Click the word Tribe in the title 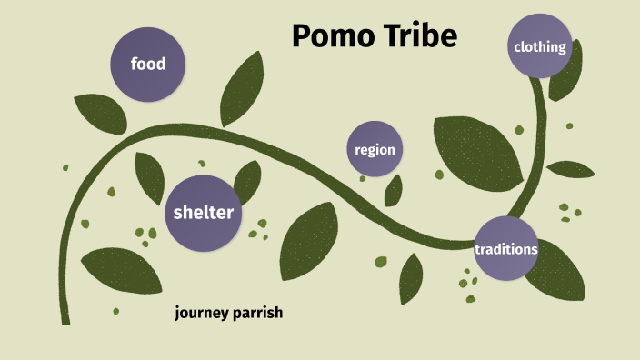[x=418, y=37]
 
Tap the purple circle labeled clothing [x=540, y=47]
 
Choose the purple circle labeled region [x=375, y=149]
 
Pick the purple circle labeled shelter [x=204, y=213]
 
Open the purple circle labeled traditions [x=506, y=248]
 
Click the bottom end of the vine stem [x=65, y=318]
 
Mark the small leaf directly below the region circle [x=394, y=190]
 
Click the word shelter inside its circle [x=204, y=213]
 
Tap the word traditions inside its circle [x=506, y=248]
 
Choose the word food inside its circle [x=148, y=65]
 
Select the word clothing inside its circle [x=540, y=47]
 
